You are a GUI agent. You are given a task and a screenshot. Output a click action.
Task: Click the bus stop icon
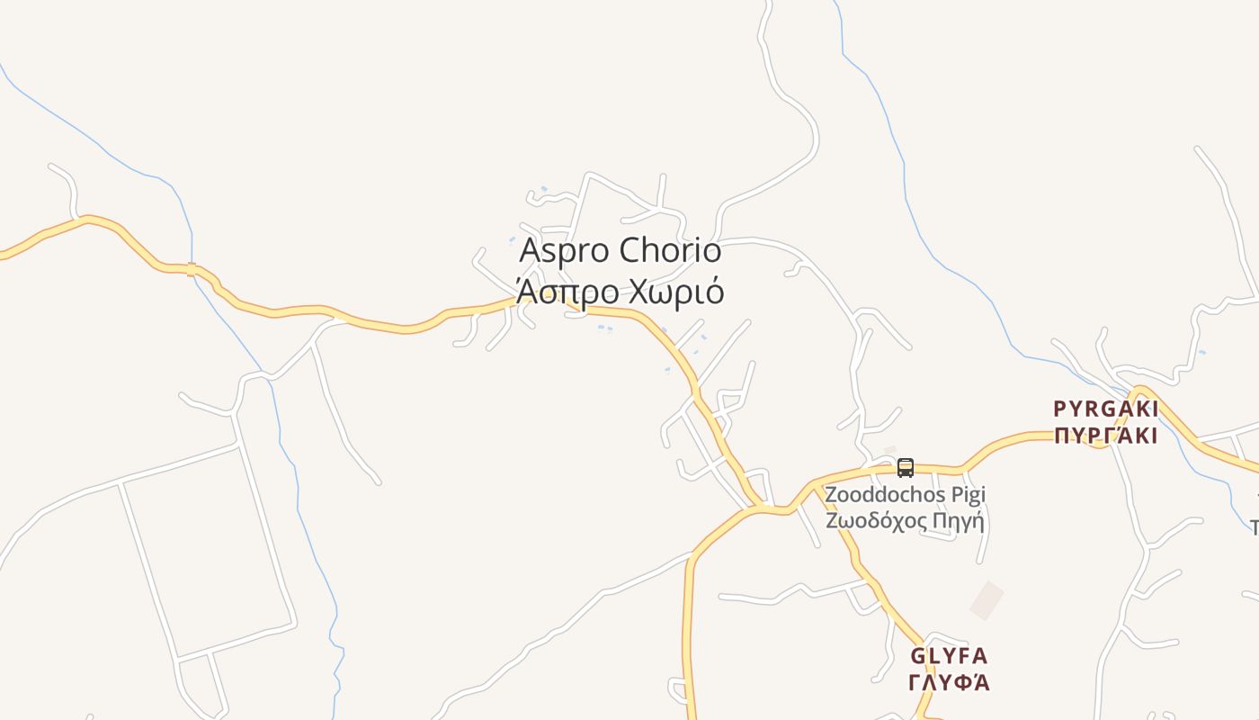point(906,468)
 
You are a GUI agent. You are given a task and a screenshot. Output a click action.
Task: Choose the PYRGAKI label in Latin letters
point(1105,409)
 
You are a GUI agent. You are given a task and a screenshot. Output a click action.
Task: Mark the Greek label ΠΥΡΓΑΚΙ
point(1105,436)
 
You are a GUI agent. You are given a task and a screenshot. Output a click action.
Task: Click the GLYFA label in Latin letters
point(949,656)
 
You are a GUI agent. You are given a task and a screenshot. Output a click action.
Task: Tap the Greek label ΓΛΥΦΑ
point(949,682)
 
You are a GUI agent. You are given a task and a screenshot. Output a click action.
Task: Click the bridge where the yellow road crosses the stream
point(192,268)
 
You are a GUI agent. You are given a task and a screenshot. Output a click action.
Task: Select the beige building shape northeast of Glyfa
point(987,600)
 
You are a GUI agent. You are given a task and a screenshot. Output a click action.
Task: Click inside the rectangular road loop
point(207,549)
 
